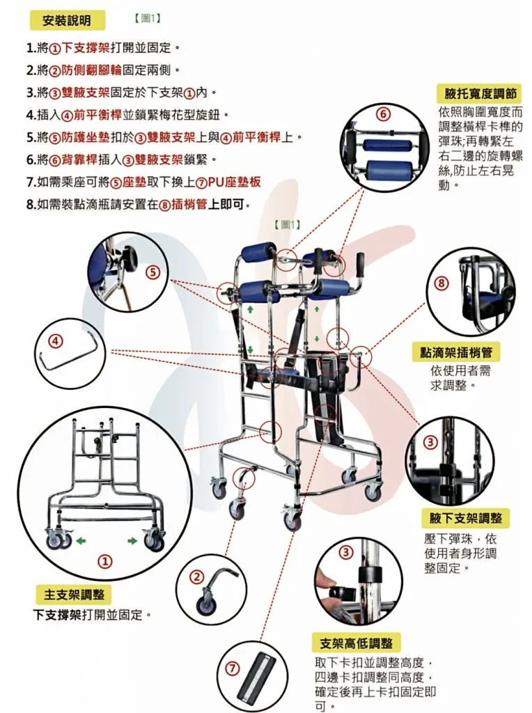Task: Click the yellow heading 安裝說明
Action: point(67,20)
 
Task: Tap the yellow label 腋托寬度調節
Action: point(480,94)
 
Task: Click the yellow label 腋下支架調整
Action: point(466,518)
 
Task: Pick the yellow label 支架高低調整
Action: point(356,643)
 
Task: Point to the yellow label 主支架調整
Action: point(74,595)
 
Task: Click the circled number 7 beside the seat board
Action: point(233,668)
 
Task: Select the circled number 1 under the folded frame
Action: point(105,561)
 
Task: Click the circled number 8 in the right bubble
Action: point(441,283)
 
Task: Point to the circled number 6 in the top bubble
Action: point(383,114)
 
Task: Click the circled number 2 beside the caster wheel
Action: point(197,577)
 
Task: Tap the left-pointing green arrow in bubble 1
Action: point(81,540)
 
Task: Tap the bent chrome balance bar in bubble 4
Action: point(69,348)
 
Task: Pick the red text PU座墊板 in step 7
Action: point(235,182)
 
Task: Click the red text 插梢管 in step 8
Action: point(189,205)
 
